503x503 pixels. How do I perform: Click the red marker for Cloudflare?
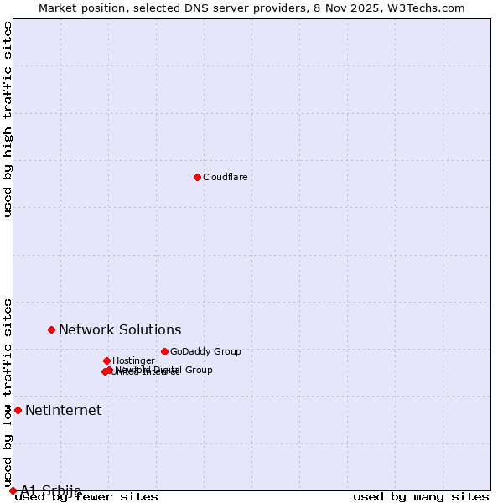[197, 177]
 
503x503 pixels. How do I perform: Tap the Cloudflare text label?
[225, 177]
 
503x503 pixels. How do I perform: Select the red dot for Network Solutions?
[51, 329]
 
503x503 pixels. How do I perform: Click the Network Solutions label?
[120, 329]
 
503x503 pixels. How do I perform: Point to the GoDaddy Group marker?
[164, 351]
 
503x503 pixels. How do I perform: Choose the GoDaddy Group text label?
[205, 351]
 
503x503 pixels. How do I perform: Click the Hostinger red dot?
[106, 360]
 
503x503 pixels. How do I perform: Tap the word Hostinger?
[133, 360]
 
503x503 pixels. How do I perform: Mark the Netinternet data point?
[18, 410]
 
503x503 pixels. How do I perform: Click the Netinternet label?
[63, 410]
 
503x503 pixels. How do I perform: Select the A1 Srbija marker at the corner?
[13, 490]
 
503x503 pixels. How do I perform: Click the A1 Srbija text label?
[51, 490]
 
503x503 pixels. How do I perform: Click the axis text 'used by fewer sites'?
[87, 496]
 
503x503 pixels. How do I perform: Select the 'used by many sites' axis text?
[421, 496]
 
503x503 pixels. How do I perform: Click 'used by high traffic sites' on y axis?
[8, 119]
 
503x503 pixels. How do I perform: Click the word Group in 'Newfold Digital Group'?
[199, 370]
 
